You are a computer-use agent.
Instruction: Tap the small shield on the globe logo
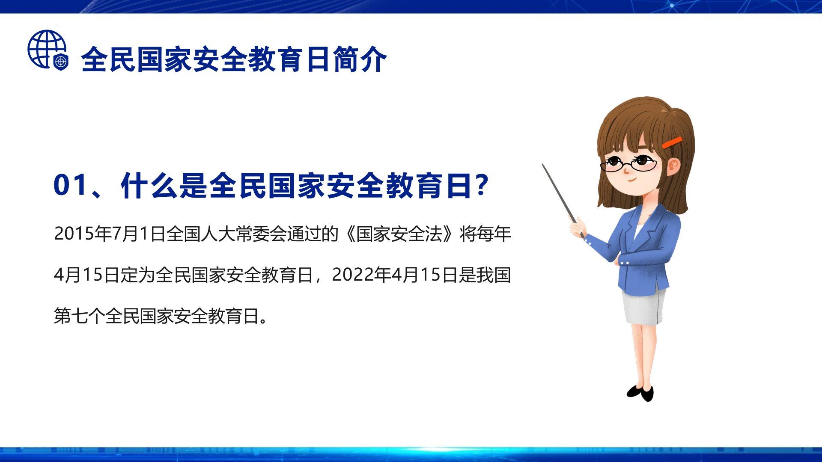(x=61, y=62)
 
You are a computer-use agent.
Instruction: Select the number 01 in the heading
(x=70, y=185)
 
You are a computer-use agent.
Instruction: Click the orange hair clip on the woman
(x=672, y=142)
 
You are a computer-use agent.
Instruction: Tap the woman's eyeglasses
(x=628, y=164)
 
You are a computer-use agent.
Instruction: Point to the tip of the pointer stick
(x=543, y=165)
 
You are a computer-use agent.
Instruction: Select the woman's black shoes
(x=641, y=393)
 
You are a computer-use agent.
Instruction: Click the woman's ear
(x=673, y=165)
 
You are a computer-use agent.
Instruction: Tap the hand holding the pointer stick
(x=577, y=226)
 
